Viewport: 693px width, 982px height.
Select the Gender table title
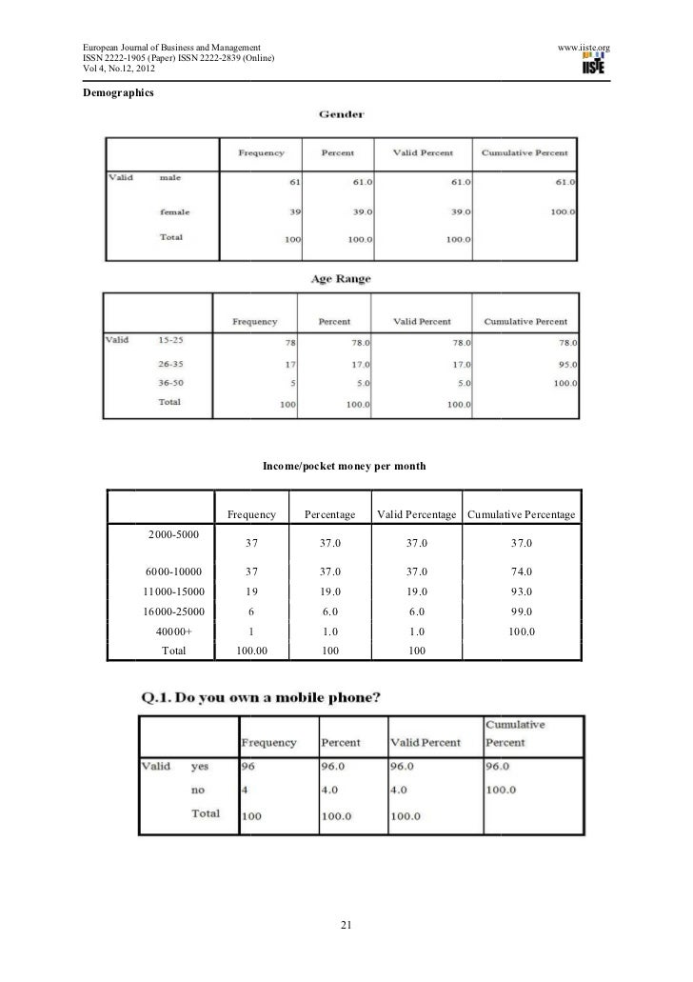(345, 115)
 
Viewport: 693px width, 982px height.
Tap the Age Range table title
(341, 279)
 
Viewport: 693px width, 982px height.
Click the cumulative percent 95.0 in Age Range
(564, 364)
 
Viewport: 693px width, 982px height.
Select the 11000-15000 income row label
(173, 591)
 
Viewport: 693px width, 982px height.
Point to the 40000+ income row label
(173, 631)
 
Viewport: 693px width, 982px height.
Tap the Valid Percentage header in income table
(417, 514)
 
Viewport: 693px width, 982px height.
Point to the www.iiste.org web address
(583, 47)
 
